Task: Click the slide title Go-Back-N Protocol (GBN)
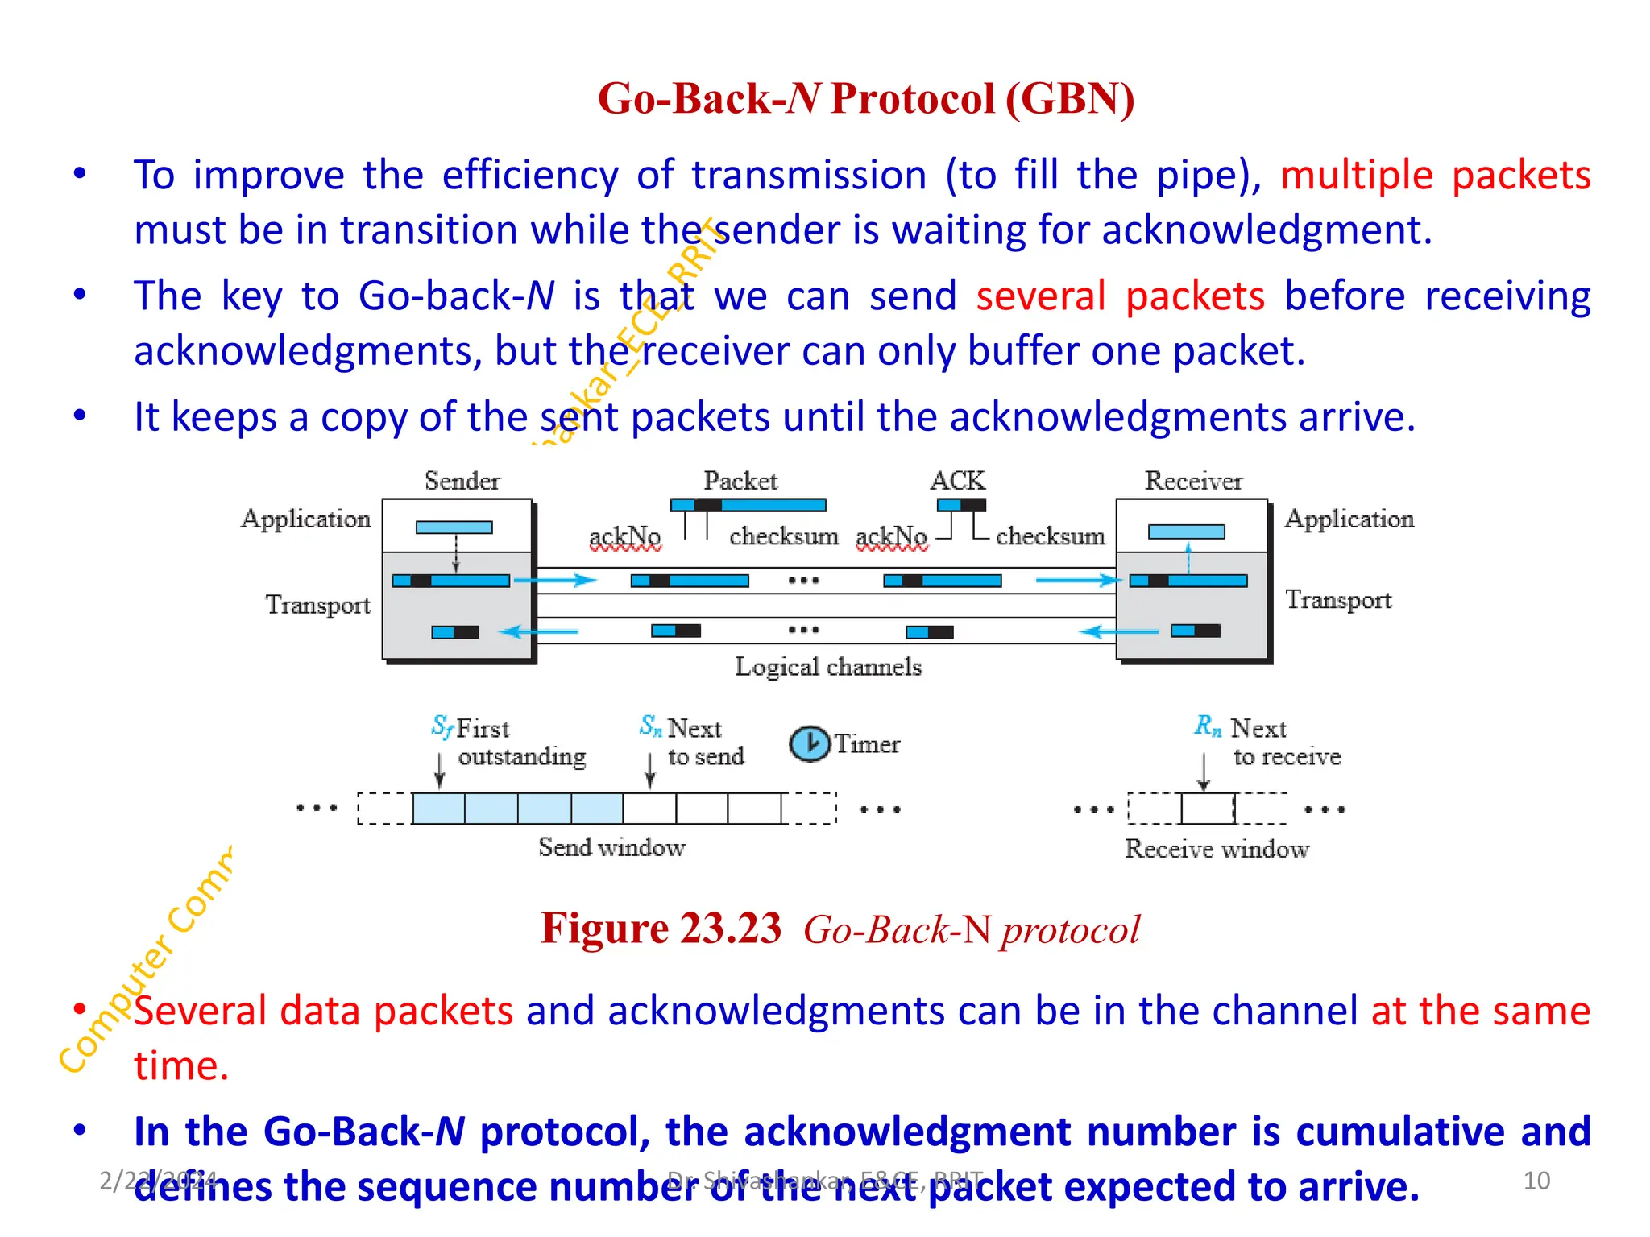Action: (x=866, y=99)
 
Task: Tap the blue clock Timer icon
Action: (x=809, y=743)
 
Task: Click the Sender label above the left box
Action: (x=462, y=481)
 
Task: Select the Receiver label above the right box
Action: (x=1193, y=481)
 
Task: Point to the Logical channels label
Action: (x=827, y=667)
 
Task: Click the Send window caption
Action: (x=611, y=847)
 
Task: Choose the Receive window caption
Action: (x=1217, y=849)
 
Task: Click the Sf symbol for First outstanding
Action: (x=442, y=726)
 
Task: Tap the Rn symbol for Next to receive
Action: (x=1207, y=726)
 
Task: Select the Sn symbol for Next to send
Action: (x=650, y=726)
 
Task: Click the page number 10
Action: (x=1536, y=1181)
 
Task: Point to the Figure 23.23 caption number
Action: (x=661, y=929)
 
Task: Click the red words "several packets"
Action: (x=1120, y=296)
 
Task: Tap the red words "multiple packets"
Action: (x=1435, y=175)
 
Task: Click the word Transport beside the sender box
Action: (x=317, y=605)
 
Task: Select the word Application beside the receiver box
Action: (x=1349, y=519)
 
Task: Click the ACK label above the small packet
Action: (x=957, y=481)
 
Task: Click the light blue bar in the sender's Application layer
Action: (x=454, y=527)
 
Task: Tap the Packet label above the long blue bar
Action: (x=740, y=481)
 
